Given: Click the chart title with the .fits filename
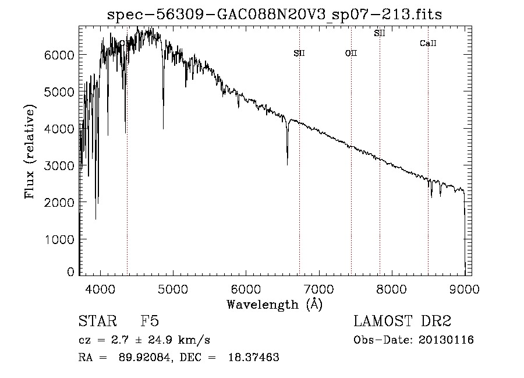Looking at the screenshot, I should click(274, 15).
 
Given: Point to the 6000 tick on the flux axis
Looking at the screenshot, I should click(60, 54).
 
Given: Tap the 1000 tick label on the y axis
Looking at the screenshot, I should click(60, 239).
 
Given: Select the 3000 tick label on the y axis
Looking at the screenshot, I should click(60, 165).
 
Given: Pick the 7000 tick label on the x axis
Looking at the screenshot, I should click(319, 288).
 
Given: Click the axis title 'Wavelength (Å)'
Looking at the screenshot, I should click(274, 304).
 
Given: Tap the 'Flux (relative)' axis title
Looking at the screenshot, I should click(29, 151).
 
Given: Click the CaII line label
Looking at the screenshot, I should click(428, 44).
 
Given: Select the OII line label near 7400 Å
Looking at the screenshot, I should click(351, 53).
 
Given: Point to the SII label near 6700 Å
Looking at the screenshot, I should click(299, 53).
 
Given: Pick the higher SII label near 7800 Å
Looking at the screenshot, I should click(380, 34).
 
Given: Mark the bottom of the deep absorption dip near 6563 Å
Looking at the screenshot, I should click(287, 164).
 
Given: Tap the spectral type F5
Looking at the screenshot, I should click(150, 322).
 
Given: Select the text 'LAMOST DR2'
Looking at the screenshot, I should click(402, 322).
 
